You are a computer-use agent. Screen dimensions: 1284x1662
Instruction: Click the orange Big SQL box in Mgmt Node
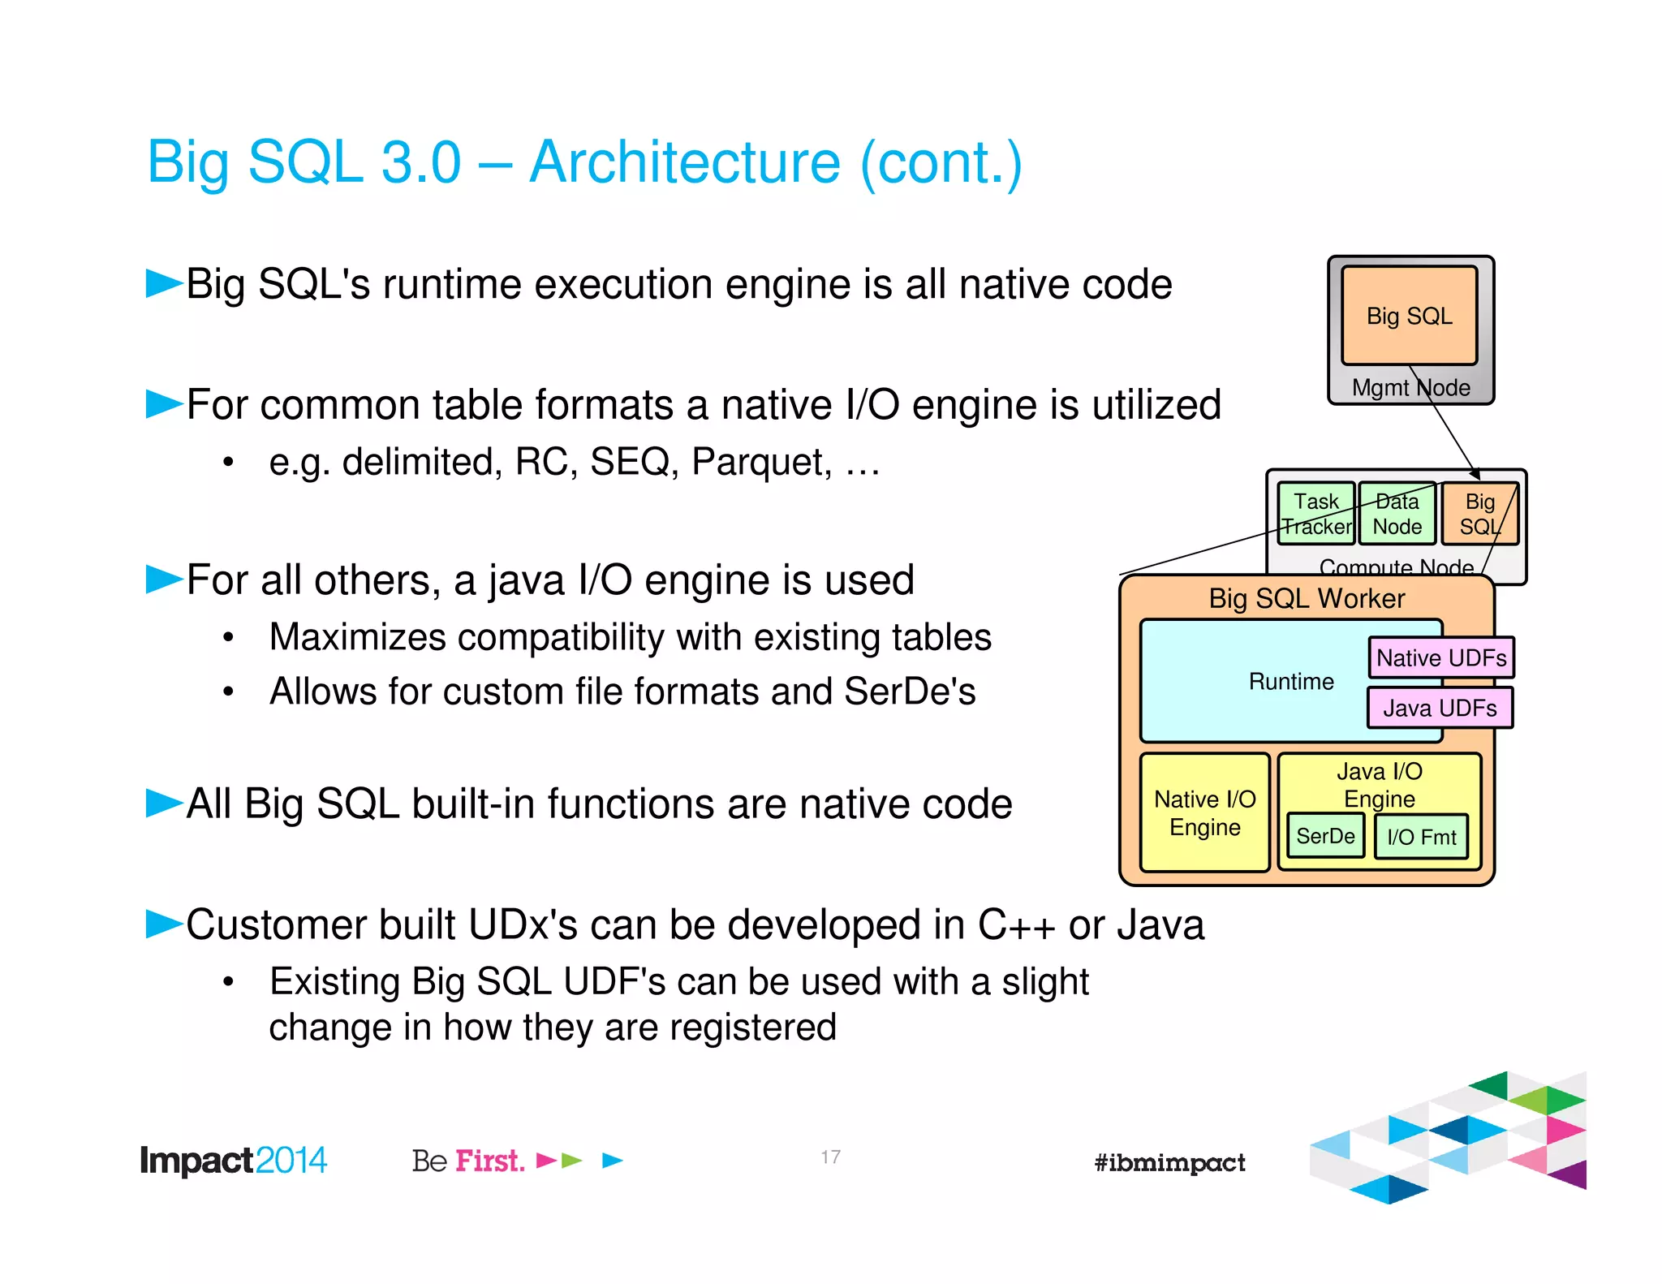tap(1409, 316)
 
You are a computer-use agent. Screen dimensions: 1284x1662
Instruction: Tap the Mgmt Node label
tap(1410, 388)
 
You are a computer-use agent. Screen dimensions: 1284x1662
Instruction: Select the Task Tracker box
tap(1315, 514)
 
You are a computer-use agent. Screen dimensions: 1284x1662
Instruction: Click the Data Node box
tap(1397, 514)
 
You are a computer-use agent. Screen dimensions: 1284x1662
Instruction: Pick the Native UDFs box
tap(1441, 657)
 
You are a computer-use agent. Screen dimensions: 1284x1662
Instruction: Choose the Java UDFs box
tap(1440, 708)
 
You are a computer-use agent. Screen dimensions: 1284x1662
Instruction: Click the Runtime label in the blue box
tap(1290, 682)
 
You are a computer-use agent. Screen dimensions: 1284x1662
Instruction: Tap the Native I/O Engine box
tap(1204, 813)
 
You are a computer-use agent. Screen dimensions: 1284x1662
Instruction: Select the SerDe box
tap(1325, 836)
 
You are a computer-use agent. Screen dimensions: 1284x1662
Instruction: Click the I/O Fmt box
tap(1421, 837)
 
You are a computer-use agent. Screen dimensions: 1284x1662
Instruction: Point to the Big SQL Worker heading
tap(1306, 599)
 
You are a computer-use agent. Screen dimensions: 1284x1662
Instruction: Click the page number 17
tap(830, 1157)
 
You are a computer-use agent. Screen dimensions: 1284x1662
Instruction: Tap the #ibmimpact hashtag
tap(1169, 1163)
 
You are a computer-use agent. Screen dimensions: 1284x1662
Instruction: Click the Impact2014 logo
tap(233, 1161)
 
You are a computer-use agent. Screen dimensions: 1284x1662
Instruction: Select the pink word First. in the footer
tap(489, 1161)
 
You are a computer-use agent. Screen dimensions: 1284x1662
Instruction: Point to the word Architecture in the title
tap(684, 162)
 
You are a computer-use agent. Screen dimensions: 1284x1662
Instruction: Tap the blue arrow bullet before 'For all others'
tap(164, 580)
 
